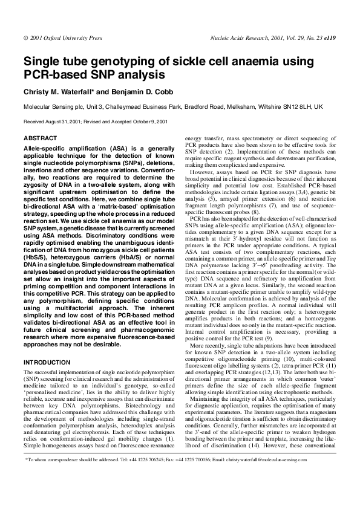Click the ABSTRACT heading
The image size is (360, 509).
(39, 138)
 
